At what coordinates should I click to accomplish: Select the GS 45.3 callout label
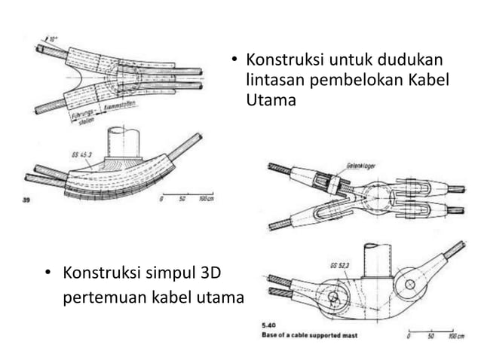pos(81,155)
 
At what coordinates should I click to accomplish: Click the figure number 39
pos(27,200)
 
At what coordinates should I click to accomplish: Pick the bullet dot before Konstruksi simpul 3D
pos(47,272)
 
